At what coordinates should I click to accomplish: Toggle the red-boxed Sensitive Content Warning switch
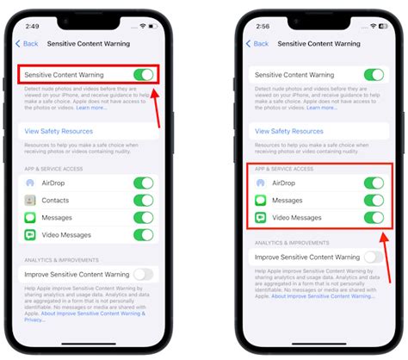coord(144,75)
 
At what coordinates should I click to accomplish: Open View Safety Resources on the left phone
coord(65,131)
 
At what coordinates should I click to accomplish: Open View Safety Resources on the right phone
coord(294,131)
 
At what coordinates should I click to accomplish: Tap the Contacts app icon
coord(30,200)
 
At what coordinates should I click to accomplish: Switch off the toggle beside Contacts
coord(144,200)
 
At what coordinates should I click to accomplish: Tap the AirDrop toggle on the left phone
coord(144,183)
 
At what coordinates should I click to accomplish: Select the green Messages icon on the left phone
coord(30,217)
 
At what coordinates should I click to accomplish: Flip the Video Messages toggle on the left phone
coord(144,234)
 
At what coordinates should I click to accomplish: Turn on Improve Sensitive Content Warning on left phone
coord(144,274)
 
